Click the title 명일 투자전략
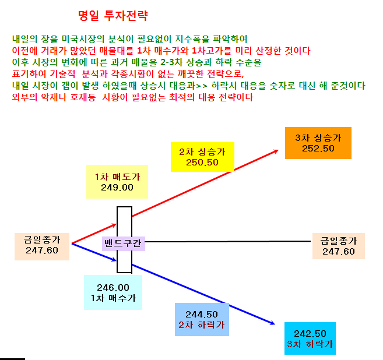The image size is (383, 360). (x=113, y=16)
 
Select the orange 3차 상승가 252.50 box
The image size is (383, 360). (x=318, y=143)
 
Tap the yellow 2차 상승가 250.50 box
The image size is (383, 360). (x=202, y=157)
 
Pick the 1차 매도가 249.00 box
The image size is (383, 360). (x=117, y=182)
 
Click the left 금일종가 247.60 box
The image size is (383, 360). (x=42, y=246)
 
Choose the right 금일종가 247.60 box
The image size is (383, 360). (x=339, y=246)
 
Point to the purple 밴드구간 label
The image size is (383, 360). (x=124, y=243)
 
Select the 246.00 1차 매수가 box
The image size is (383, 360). (x=113, y=292)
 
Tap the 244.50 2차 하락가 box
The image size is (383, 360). (x=202, y=319)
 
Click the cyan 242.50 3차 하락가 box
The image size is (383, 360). (x=310, y=338)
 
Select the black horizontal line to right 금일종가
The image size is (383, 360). (x=228, y=241)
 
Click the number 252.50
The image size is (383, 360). (x=318, y=149)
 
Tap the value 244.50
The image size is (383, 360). (x=202, y=314)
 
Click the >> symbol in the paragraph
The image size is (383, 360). (x=202, y=86)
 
